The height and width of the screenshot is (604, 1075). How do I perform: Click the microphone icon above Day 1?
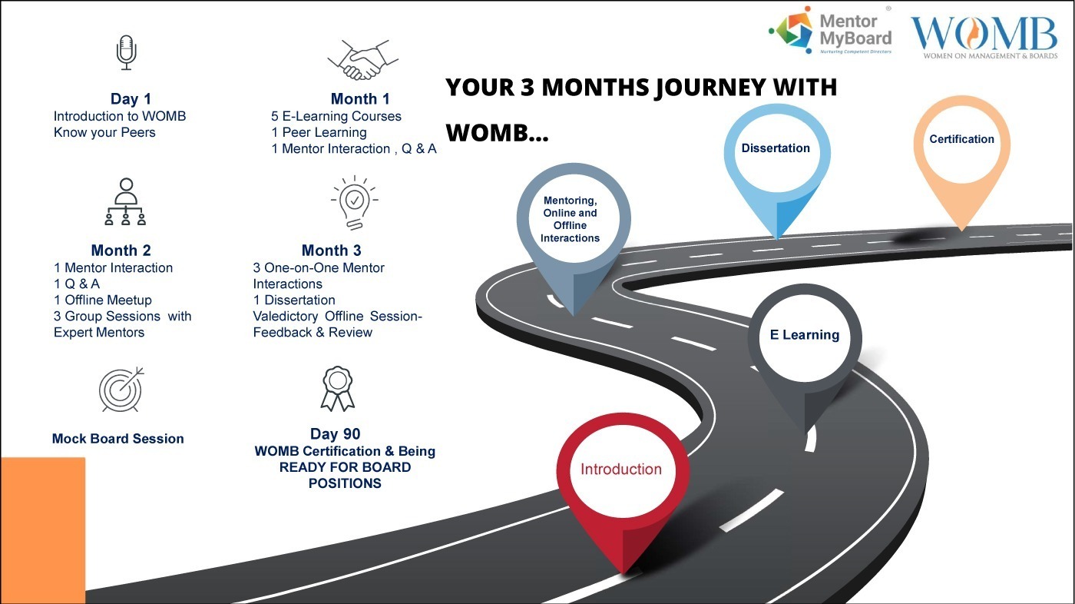click(x=126, y=52)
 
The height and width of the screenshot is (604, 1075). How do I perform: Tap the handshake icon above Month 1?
click(x=362, y=60)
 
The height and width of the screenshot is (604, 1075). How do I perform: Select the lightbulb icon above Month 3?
click(x=354, y=202)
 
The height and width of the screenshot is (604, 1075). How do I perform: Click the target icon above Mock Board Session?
click(x=121, y=390)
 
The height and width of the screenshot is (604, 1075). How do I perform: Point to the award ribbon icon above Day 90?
click(x=337, y=389)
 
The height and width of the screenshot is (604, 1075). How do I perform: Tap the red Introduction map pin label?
click(x=621, y=469)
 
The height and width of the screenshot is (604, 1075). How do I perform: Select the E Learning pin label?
click(x=805, y=334)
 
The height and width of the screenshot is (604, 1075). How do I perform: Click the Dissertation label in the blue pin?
click(x=776, y=148)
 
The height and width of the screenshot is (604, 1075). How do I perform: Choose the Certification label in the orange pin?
click(x=961, y=139)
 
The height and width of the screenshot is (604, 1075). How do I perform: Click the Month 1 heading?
click(x=360, y=98)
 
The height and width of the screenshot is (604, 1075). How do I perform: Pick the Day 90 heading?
click(x=335, y=433)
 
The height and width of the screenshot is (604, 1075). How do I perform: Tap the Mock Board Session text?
click(x=118, y=438)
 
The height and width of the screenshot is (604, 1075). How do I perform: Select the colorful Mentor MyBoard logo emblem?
click(x=792, y=29)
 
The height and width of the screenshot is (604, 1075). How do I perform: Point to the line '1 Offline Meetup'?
click(x=103, y=300)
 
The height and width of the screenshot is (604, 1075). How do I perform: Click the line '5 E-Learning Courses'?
click(x=336, y=116)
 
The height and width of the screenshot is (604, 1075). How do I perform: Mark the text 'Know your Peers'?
click(x=104, y=132)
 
